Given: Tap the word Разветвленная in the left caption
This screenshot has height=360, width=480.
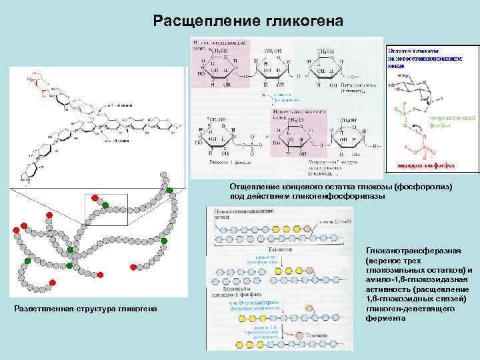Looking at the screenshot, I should [x=45, y=309].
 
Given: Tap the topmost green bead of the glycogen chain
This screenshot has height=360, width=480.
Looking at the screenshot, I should [x=171, y=191].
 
